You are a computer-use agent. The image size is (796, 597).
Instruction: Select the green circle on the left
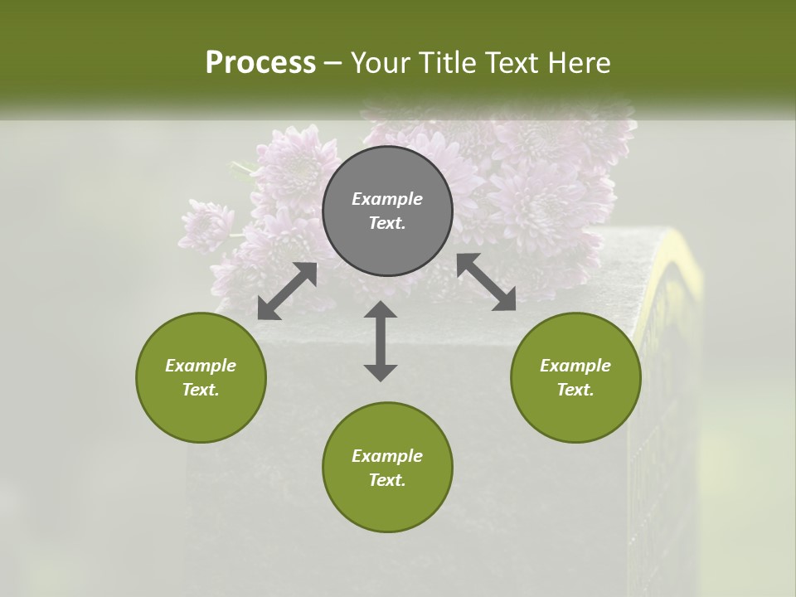coord(201,377)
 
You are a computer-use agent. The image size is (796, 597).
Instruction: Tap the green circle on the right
coord(575,377)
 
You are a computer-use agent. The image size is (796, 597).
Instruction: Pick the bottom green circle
coord(387,468)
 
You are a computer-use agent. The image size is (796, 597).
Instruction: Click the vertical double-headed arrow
coord(381,341)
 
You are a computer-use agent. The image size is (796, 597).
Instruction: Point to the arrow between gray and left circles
coord(287,291)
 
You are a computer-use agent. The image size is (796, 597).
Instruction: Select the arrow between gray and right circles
coord(486,282)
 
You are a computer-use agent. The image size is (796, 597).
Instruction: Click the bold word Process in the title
coord(260,63)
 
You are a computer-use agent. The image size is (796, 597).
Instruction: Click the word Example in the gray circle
coord(387,199)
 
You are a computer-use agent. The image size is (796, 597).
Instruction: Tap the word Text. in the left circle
coord(201,390)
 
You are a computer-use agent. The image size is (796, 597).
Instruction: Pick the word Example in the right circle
coord(575,366)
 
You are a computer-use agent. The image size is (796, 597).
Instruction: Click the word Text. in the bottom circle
coord(387,480)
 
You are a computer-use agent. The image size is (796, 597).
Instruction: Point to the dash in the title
coord(332,63)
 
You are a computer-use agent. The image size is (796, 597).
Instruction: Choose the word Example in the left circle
coord(201,366)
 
